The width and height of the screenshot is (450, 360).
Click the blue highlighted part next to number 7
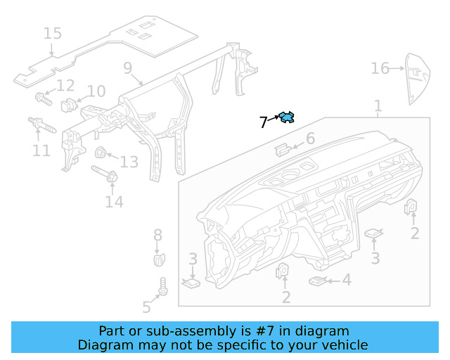(x=287, y=117)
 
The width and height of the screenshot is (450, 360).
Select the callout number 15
(x=52, y=33)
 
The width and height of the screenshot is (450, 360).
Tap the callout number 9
(x=127, y=68)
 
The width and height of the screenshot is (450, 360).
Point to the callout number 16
(x=380, y=68)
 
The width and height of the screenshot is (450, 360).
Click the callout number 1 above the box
(x=378, y=106)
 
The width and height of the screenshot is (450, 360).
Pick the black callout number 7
(x=263, y=122)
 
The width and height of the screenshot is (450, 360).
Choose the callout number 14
(x=114, y=202)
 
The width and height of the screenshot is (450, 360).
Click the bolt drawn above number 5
(x=164, y=287)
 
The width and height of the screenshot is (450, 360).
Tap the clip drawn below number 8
(x=159, y=259)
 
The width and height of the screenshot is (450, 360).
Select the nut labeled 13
(x=101, y=153)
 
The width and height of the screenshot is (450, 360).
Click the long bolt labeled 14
(x=103, y=174)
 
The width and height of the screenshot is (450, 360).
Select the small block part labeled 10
(x=69, y=105)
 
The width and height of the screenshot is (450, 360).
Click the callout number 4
(x=346, y=280)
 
